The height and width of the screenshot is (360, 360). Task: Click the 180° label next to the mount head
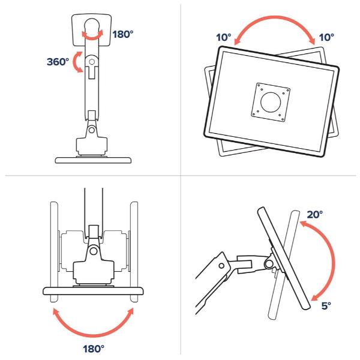coord(122,34)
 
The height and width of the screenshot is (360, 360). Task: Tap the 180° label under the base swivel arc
coord(92,347)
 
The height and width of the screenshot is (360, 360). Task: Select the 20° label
coord(314,214)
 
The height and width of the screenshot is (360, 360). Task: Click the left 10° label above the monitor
coord(224,37)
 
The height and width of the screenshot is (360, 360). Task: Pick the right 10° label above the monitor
coord(326,37)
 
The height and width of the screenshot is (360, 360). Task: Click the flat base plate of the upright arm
coord(92,160)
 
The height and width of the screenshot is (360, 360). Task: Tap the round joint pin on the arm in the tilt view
coord(222,265)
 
